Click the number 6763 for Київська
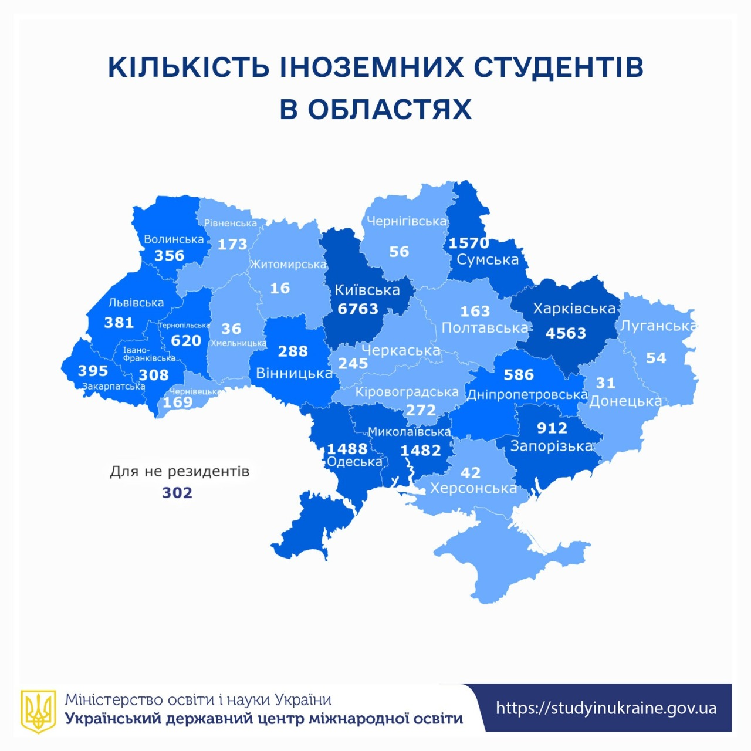(358, 309)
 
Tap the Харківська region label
(574, 309)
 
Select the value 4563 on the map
(566, 333)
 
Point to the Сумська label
(488, 260)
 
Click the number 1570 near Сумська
(468, 243)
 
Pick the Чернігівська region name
(407, 222)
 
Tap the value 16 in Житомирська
(280, 288)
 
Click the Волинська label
(174, 239)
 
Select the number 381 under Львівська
(119, 323)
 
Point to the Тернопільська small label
(184, 325)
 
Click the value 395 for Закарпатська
(93, 371)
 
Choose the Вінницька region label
(294, 374)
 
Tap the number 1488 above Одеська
(347, 449)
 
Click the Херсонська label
(473, 488)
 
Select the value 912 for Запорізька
(552, 428)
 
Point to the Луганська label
(659, 326)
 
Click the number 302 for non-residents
(177, 493)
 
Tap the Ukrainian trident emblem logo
(39, 711)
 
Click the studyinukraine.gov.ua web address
(606, 708)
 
